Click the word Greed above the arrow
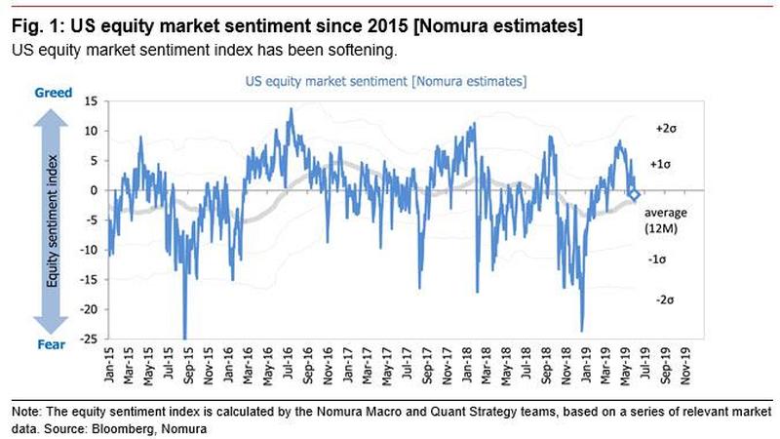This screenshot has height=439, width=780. coord(55,92)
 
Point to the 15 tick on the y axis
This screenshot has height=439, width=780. coord(90,100)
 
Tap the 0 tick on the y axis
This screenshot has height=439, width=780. coord(93,190)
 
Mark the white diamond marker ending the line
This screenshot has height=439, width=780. coord(634,195)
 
